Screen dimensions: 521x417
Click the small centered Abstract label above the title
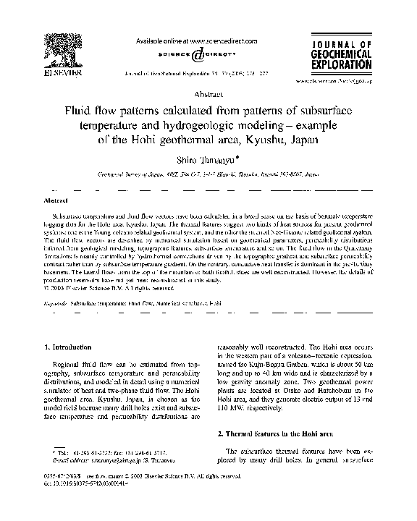208,95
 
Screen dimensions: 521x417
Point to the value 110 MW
236,408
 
